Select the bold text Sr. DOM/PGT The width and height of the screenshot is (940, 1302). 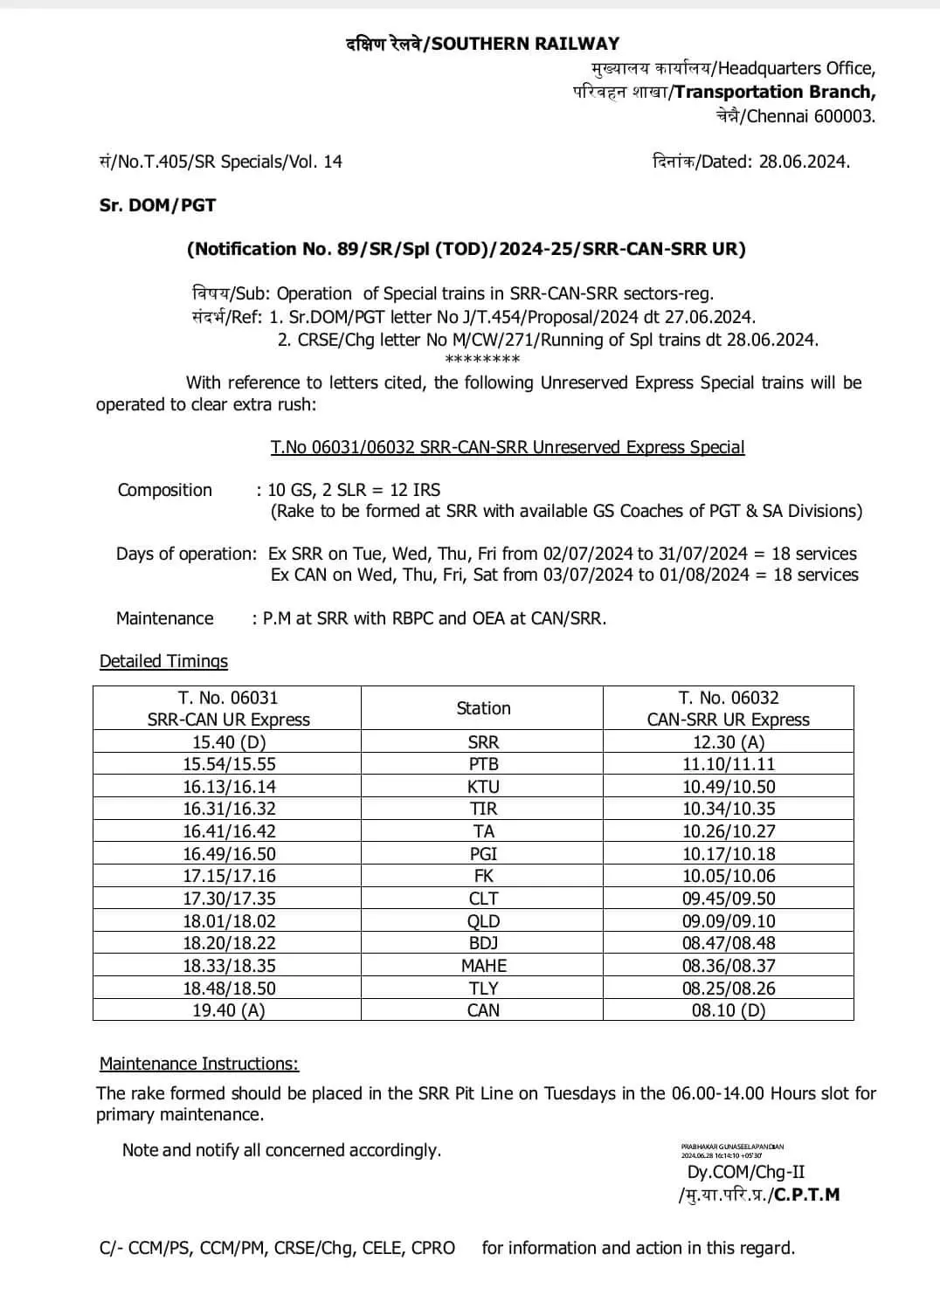click(157, 206)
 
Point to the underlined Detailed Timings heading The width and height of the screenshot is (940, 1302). click(163, 662)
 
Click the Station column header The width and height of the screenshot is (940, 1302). click(483, 708)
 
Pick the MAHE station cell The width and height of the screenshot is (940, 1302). click(483, 966)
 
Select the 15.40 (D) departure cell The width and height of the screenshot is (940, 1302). click(229, 742)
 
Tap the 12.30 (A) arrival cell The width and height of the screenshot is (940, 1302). click(728, 742)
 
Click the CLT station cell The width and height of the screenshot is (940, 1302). click(483, 899)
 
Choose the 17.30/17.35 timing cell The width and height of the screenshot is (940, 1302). click(229, 899)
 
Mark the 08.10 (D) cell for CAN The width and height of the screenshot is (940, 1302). click(728, 1010)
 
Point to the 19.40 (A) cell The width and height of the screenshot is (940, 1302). click(229, 1010)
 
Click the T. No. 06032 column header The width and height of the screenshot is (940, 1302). click(728, 708)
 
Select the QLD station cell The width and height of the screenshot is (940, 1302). click(483, 921)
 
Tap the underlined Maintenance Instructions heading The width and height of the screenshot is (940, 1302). click(198, 1064)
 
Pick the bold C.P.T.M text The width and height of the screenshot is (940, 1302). click(806, 1195)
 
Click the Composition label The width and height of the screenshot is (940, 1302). click(164, 491)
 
